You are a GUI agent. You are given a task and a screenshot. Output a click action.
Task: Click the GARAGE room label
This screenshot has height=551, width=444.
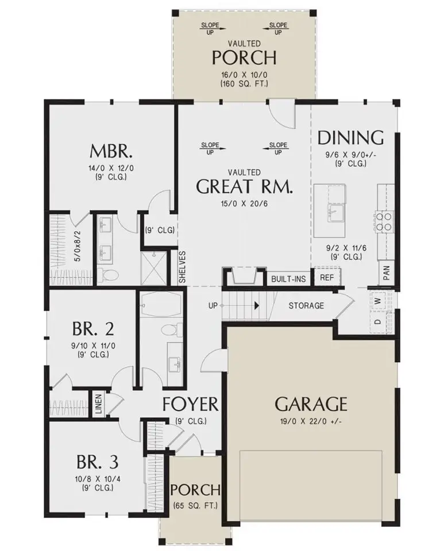point(311,404)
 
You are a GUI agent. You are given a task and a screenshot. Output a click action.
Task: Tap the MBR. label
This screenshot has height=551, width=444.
point(112,152)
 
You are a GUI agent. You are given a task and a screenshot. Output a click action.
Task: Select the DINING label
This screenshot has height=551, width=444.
point(350,138)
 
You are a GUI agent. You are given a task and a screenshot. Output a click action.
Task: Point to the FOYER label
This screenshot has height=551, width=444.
point(190,404)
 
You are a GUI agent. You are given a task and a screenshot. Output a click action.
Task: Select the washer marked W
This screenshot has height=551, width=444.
point(379,300)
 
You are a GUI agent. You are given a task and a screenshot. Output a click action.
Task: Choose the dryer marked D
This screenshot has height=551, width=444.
point(378,321)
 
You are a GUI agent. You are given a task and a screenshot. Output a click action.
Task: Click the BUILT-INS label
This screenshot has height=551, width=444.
point(288,278)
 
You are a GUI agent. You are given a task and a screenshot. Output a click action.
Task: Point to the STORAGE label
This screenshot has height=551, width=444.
point(306,306)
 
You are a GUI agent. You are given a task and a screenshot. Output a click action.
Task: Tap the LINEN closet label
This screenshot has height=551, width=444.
point(98,403)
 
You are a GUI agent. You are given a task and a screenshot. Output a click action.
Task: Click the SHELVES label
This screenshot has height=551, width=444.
point(182,266)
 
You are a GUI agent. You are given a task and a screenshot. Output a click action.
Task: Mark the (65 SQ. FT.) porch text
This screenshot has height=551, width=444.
point(195,506)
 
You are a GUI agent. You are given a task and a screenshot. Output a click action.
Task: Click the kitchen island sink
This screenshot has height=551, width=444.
point(334,212)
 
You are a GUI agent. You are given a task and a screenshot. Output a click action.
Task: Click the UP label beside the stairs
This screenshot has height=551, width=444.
point(213,305)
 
